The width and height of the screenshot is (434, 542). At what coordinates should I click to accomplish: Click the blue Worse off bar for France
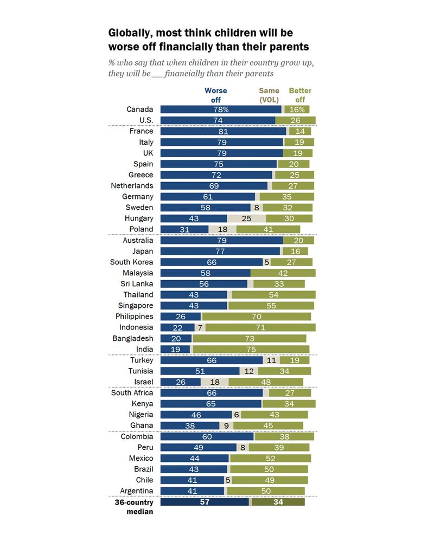(223, 131)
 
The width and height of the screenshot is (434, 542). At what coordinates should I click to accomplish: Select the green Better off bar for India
(251, 349)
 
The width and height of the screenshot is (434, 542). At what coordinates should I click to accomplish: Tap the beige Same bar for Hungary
(246, 218)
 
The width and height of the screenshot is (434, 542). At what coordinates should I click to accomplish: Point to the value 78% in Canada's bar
(220, 109)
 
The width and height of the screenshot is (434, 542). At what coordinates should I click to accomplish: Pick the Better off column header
(300, 95)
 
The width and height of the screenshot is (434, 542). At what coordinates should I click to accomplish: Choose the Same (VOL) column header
(269, 95)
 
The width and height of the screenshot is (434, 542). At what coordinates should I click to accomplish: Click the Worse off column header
(215, 95)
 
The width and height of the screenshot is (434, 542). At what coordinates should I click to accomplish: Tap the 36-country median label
(134, 506)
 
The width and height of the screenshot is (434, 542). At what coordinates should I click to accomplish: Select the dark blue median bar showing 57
(205, 502)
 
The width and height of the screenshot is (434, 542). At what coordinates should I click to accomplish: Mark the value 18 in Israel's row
(214, 382)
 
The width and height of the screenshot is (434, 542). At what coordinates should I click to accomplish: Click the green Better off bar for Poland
(267, 229)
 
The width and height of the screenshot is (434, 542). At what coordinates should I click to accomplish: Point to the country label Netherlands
(132, 185)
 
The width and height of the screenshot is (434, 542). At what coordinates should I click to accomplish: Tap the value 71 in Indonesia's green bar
(260, 327)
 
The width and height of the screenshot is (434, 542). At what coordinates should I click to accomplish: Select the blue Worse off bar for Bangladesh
(176, 338)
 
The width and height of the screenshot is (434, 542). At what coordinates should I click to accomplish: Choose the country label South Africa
(132, 393)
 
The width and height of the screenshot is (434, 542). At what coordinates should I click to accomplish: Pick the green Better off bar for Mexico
(270, 459)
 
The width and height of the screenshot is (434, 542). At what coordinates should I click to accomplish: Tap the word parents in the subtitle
(256, 73)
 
